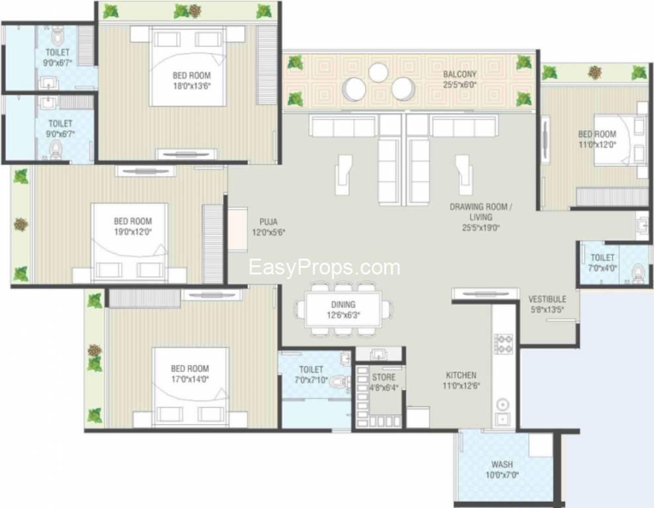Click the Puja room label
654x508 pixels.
tap(268, 222)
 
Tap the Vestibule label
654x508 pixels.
tap(548, 299)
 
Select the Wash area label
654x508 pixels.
tap(502, 464)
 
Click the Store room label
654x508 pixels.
tap(384, 378)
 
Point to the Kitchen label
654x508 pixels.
tap(461, 375)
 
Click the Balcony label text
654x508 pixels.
tap(460, 74)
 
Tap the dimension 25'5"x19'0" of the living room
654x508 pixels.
tap(481, 228)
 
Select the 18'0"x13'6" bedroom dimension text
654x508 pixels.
tap(192, 86)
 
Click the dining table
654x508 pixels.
tap(343, 309)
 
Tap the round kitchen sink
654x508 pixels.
tap(502, 404)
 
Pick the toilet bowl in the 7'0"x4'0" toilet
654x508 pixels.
tap(638, 271)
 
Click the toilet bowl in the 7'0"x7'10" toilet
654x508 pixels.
tap(341, 381)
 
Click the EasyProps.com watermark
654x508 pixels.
tap(325, 267)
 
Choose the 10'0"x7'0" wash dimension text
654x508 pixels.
tap(502, 475)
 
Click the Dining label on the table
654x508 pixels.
tap(343, 304)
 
